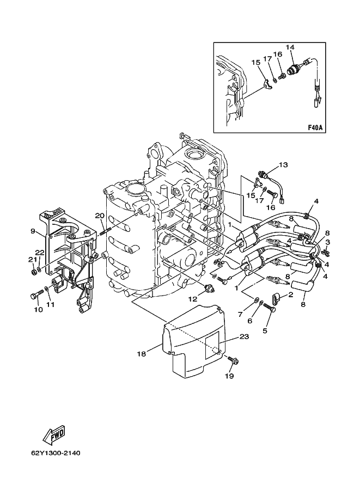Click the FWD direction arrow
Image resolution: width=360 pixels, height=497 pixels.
coord(54,433)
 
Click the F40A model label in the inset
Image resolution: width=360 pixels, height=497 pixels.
coord(315,128)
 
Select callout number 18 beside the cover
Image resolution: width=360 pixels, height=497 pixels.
coord(142,354)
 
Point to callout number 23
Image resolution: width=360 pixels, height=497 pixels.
coord(245,336)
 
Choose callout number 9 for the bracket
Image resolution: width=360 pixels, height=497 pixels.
coord(33,231)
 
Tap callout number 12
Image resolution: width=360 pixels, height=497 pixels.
coord(193,298)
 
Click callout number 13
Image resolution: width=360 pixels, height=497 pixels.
coord(283,165)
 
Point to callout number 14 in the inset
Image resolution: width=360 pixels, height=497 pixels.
coord(290,47)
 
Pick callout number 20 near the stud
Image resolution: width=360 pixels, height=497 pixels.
coord(100,216)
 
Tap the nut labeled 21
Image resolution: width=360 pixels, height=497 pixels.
coord(34,272)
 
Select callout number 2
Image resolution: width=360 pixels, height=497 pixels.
coord(290,295)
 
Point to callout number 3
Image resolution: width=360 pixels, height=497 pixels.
coord(328,242)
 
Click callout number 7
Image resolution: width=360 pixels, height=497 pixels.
coord(240,315)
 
